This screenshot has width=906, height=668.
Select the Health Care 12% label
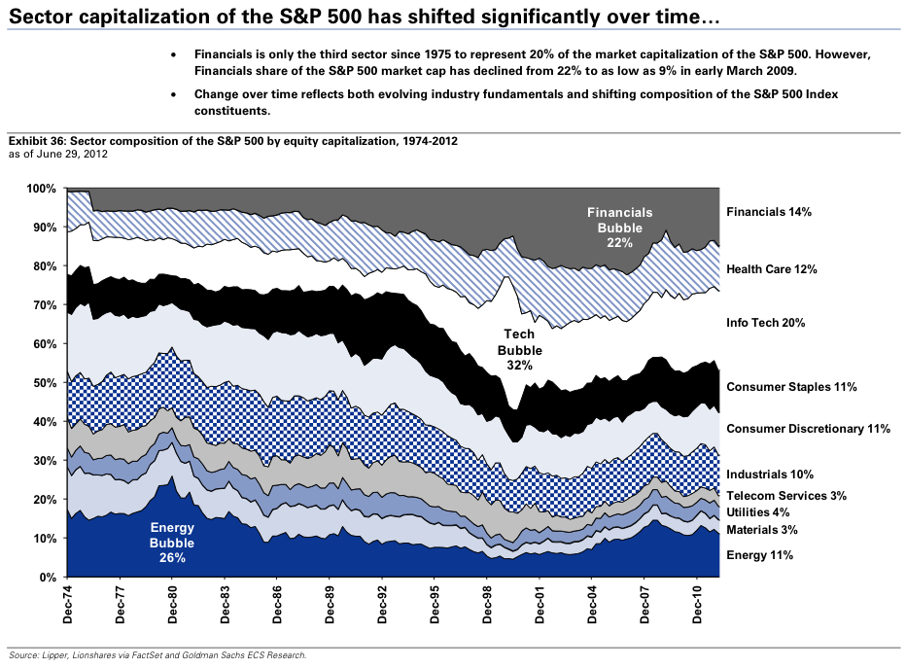click(x=772, y=269)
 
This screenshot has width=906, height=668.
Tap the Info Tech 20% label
click(x=766, y=323)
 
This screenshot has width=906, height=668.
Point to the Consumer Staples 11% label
click(x=791, y=387)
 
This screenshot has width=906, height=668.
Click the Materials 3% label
click(x=762, y=530)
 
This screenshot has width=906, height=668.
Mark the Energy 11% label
click(x=760, y=555)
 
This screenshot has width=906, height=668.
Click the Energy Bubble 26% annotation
click(x=173, y=543)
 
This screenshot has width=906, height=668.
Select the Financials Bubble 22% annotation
click(x=619, y=227)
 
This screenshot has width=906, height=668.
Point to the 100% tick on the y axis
click(x=45, y=189)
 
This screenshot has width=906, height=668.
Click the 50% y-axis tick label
click(x=48, y=383)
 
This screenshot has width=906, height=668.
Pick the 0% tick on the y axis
click(x=52, y=578)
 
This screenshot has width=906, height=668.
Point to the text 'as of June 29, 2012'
click(x=57, y=155)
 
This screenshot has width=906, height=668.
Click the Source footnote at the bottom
click(x=157, y=655)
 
